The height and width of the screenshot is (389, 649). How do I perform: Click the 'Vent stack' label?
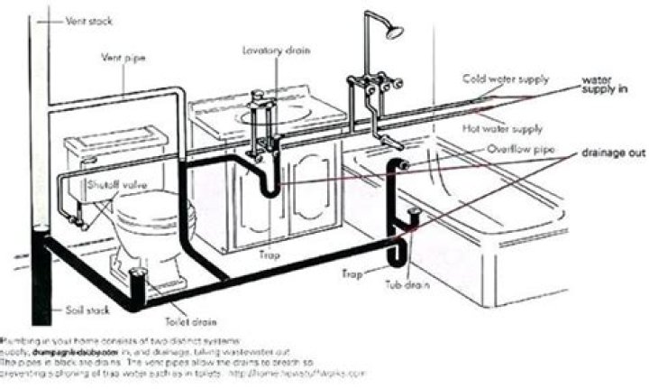pyautogui.click(x=82, y=19)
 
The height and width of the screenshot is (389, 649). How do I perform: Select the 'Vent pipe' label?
pyautogui.click(x=120, y=58)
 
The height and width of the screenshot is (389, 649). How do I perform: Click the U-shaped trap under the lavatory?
pyautogui.click(x=268, y=185)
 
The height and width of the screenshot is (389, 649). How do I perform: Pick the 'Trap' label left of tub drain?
pyautogui.click(x=353, y=271)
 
